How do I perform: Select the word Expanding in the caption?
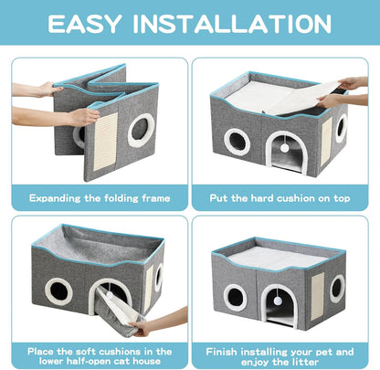point(58,196)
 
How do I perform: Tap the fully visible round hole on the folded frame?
point(142,130)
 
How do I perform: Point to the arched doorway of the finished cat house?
point(282,308)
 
